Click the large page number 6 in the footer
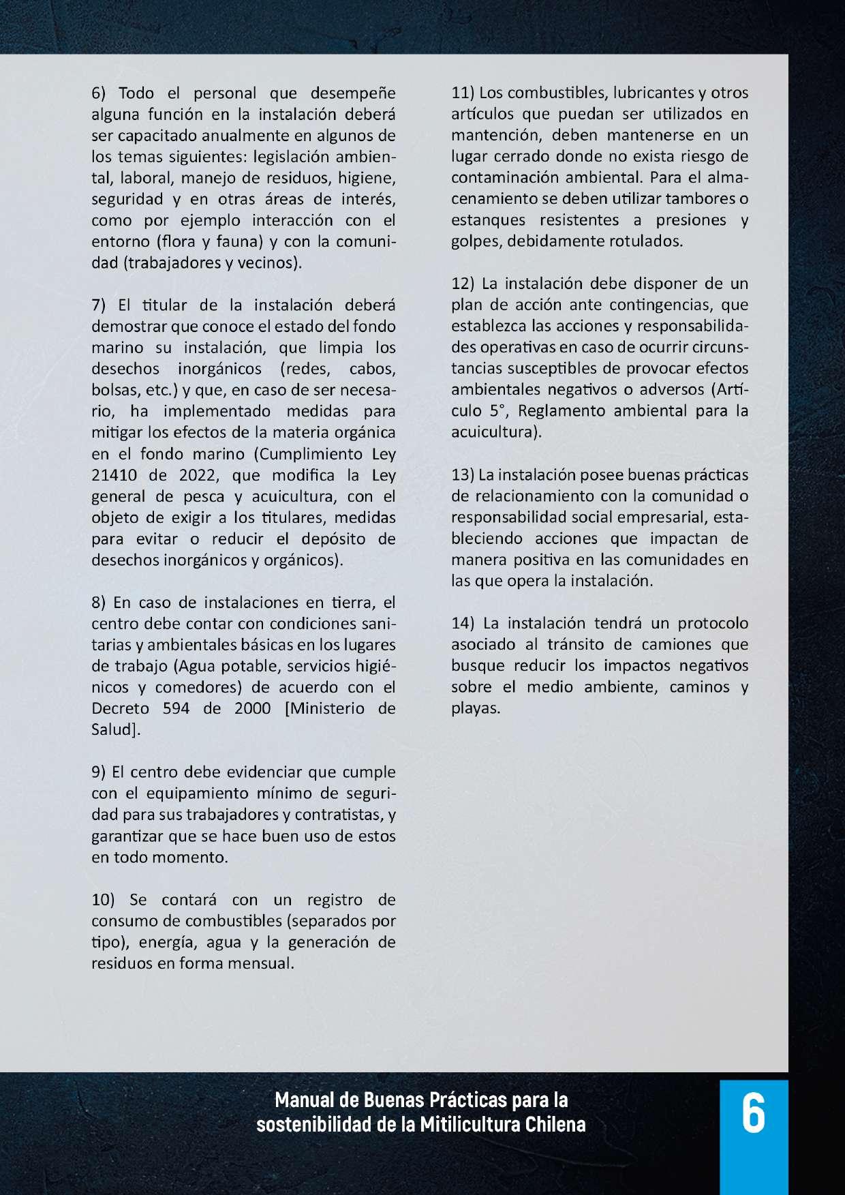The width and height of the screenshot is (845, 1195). point(753,1114)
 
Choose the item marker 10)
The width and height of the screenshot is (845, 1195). point(105,901)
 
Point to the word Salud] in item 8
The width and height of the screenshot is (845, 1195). point(116,729)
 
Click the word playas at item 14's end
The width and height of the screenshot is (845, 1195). point(476,708)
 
